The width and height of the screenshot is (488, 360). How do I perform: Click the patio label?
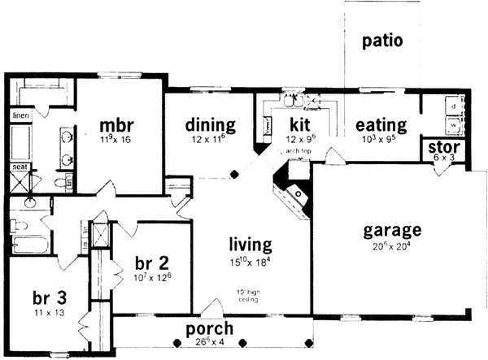pos(382,41)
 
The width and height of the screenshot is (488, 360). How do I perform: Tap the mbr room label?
pos(115,125)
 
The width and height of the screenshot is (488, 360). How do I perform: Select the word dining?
pos(209,125)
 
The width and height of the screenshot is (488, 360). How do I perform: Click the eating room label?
pos(381,125)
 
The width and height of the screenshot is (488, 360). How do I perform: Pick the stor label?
pos(440,147)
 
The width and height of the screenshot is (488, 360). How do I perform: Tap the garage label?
pos(392,230)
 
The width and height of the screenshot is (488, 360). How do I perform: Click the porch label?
pos(209,328)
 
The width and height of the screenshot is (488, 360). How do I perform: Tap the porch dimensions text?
pos(209,342)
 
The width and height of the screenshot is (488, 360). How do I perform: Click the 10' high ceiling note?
pos(248,295)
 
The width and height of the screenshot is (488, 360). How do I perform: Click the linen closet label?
pos(20,116)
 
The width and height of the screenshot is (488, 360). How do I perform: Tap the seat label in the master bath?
pos(19,167)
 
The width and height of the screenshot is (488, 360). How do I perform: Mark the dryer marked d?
pos(452,106)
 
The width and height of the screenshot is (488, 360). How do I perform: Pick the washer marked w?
pos(452,126)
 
